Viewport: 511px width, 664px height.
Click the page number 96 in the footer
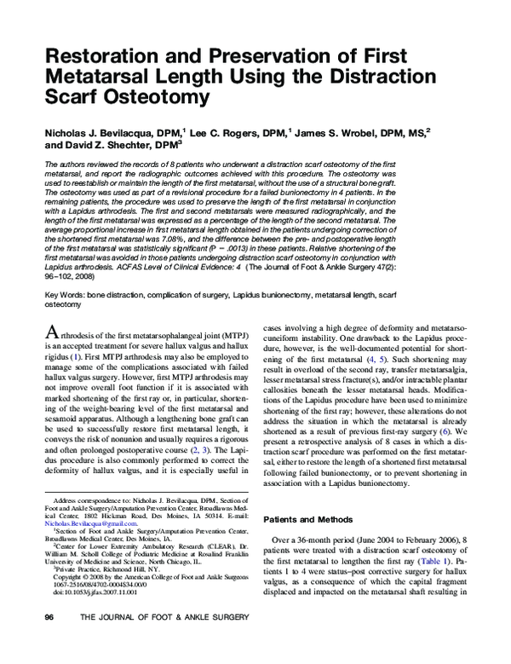point(49,640)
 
